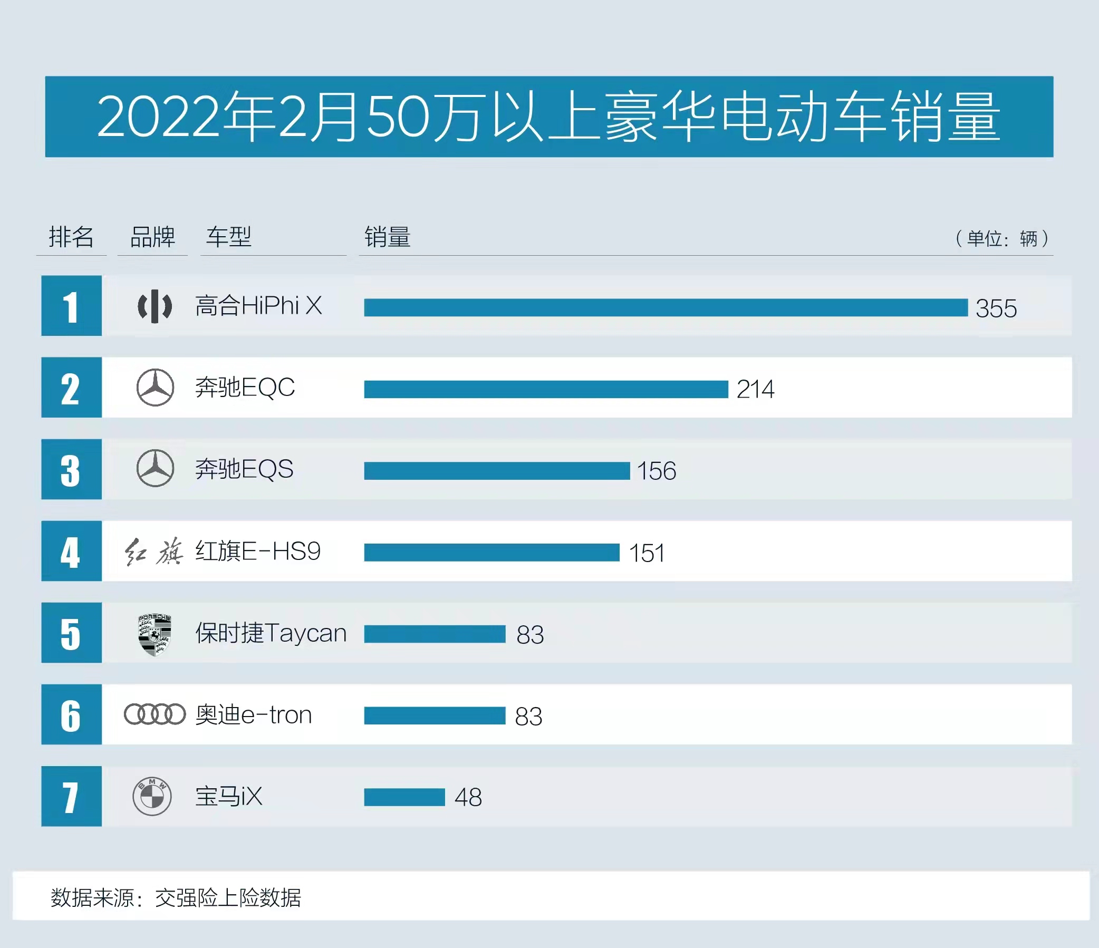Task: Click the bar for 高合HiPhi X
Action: click(x=666, y=307)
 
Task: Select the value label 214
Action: click(x=755, y=389)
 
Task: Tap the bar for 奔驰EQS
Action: click(x=497, y=471)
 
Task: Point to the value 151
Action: click(x=646, y=553)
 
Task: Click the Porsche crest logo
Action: click(x=155, y=635)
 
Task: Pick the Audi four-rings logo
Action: click(x=155, y=714)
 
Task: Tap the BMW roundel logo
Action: click(x=152, y=796)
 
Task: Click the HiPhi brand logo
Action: click(x=155, y=306)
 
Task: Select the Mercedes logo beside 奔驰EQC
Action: click(x=155, y=388)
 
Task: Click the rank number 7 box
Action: click(x=72, y=796)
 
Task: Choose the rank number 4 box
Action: click(x=72, y=551)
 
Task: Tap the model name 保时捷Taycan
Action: click(x=271, y=633)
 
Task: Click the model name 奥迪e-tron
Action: click(x=254, y=715)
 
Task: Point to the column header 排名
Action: click(x=71, y=237)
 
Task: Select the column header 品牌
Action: click(x=152, y=237)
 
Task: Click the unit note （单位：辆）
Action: click(x=1001, y=239)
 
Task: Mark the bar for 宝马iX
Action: click(x=404, y=797)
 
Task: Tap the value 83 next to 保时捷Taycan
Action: click(x=530, y=635)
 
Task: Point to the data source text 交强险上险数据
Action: click(x=228, y=897)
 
